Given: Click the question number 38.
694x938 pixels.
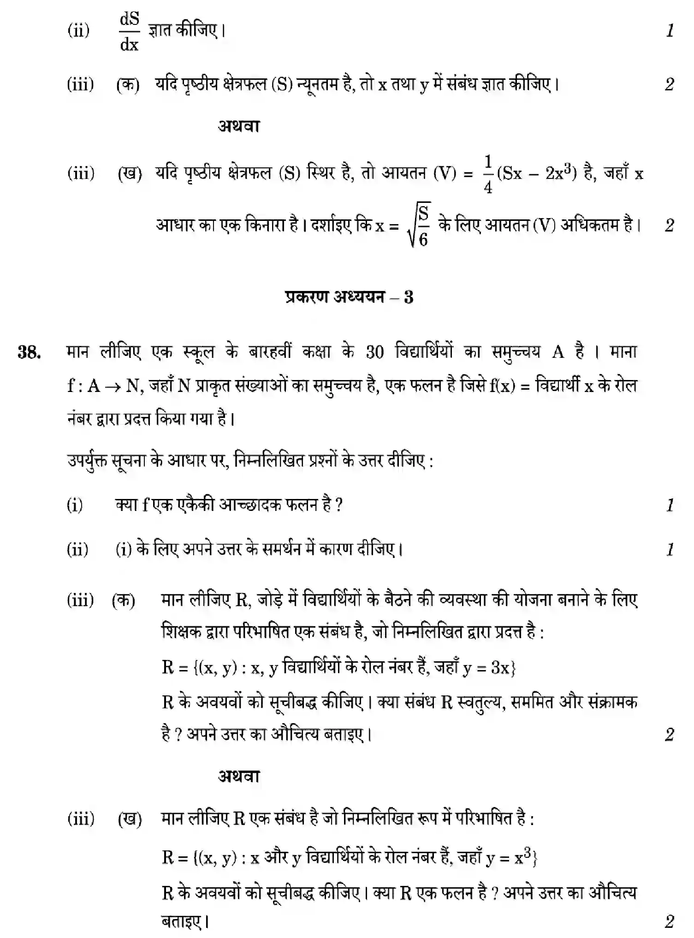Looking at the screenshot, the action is pos(29,353).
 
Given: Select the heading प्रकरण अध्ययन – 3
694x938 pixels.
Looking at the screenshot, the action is pos(349,297).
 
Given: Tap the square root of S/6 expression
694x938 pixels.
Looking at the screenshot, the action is pos(419,226).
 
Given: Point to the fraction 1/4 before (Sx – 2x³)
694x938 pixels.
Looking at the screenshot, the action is pos(488,174).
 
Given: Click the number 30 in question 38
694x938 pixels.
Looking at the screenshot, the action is pos(374,353).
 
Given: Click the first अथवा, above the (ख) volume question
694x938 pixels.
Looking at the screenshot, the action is pos(239,126).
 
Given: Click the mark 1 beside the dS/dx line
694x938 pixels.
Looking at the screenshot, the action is pos(670,31).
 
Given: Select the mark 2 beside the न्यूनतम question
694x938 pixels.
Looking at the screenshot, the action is pos(670,85).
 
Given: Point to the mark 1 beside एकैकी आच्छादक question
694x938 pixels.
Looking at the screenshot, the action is pos(670,505).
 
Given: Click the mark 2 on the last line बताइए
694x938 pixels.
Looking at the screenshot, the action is pos(670,921).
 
